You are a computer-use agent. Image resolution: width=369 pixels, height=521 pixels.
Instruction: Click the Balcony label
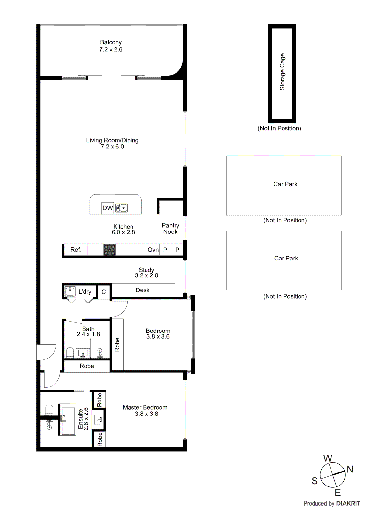[111, 42]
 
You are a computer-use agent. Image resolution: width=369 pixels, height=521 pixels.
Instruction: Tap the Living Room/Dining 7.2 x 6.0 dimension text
[112, 147]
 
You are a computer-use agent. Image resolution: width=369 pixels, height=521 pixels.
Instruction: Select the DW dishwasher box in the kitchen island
[108, 208]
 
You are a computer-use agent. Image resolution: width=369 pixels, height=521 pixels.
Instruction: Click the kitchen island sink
[121, 208]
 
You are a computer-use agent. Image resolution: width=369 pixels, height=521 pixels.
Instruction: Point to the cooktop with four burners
[110, 250]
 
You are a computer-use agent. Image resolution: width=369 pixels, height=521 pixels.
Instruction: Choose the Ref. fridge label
[76, 250]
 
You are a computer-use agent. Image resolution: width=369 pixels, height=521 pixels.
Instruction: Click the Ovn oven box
[153, 250]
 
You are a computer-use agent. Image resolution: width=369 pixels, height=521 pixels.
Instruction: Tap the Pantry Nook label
[170, 229]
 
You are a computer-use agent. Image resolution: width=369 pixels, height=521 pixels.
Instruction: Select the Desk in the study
[143, 290]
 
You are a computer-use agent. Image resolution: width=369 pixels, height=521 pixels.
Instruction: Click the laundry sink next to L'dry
[70, 291]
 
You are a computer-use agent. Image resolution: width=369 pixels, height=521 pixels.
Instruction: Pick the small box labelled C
[104, 292]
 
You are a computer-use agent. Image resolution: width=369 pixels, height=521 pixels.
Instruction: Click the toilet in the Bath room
[70, 353]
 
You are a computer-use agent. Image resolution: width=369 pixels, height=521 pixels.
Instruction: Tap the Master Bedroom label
[145, 407]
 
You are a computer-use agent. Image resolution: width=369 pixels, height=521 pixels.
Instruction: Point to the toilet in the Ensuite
[49, 410]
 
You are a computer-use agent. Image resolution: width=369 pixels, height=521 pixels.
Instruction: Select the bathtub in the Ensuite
[68, 420]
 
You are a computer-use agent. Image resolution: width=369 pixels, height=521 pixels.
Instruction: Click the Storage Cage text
[282, 72]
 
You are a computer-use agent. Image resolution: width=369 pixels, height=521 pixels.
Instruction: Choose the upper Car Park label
[285, 184]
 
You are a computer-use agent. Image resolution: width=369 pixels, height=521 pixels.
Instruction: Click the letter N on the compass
[350, 469]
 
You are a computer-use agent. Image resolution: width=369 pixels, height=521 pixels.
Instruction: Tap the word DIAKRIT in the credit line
[348, 503]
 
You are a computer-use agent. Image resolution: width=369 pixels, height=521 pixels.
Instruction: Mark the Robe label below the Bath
[87, 366]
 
